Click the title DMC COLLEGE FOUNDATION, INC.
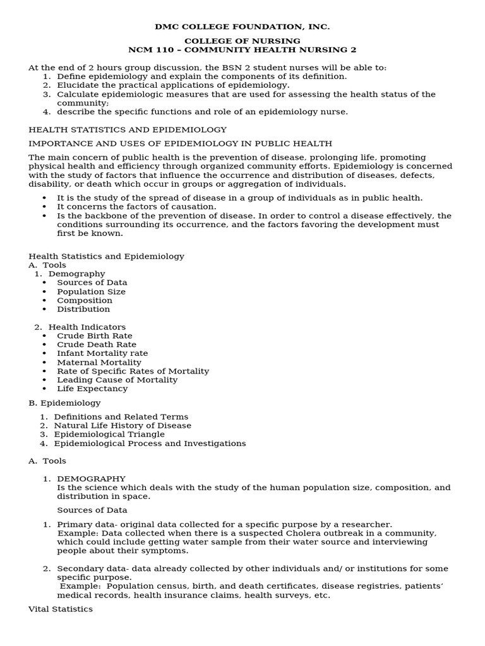242,26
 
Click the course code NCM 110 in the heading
150,50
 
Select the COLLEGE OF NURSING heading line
242,41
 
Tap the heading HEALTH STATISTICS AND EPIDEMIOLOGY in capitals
128,129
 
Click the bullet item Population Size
91,291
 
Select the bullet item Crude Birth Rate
95,336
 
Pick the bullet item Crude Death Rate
97,344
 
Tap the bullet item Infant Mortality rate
102,353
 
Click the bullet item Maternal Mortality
99,362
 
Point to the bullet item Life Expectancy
92,389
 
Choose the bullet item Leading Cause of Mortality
117,380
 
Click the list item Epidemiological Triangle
109,434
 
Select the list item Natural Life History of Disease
123,425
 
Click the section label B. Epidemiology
64,402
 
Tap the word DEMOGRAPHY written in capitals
91,478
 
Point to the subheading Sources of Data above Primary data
92,510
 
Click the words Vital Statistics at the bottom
61,609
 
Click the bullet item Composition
85,300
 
